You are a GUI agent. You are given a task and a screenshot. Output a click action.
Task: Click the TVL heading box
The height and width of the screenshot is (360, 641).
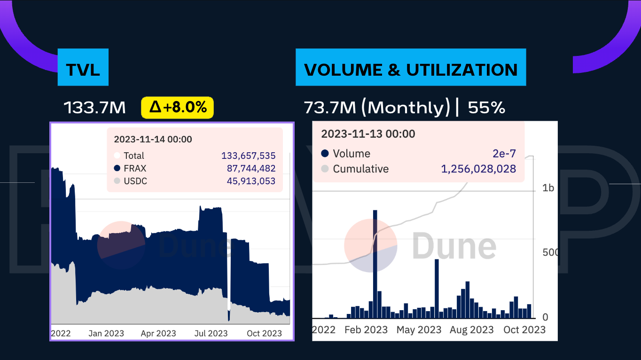pyautogui.click(x=83, y=70)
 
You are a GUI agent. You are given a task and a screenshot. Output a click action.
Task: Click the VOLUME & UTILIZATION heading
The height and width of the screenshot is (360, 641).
pyautogui.click(x=410, y=70)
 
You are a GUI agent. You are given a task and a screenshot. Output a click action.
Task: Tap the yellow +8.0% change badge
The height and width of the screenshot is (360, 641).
pyautogui.click(x=178, y=108)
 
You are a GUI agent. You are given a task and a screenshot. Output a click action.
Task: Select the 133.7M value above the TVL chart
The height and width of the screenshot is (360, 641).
pyautogui.click(x=95, y=108)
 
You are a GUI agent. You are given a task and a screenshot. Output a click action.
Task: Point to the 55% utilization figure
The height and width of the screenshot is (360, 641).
pyautogui.click(x=486, y=108)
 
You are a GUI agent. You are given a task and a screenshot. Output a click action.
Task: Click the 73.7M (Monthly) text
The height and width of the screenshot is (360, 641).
pyautogui.click(x=377, y=108)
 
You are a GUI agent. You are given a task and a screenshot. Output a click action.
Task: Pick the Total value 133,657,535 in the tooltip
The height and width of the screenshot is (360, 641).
pyautogui.click(x=248, y=156)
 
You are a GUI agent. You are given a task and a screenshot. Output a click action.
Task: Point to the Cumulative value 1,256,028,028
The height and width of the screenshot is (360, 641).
pyautogui.click(x=478, y=169)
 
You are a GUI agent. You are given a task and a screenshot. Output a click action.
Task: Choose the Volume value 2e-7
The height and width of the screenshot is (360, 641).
pyautogui.click(x=505, y=154)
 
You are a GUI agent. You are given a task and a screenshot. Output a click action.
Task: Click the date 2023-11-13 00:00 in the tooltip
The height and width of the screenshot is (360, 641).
pyautogui.click(x=368, y=134)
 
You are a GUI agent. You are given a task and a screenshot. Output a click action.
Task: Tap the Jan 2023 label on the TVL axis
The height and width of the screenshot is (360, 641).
pyautogui.click(x=106, y=333)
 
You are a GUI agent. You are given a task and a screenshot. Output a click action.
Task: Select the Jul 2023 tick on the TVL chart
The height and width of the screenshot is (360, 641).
pyautogui.click(x=211, y=333)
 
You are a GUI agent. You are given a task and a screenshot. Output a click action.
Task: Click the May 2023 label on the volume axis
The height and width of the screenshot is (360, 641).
pyautogui.click(x=419, y=329)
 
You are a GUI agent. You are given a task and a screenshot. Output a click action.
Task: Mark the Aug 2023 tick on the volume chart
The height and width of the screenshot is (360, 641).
pyautogui.click(x=471, y=329)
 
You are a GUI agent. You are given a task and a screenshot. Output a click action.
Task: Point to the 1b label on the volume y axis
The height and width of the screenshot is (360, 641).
pyautogui.click(x=548, y=188)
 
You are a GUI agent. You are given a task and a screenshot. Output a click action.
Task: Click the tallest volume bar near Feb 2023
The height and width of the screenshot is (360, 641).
pyautogui.click(x=375, y=263)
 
